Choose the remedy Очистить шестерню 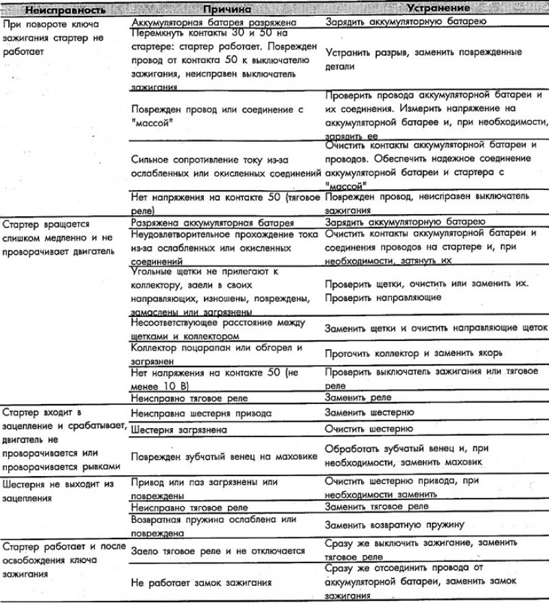[x=369, y=429]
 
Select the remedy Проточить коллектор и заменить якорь [x=414, y=353]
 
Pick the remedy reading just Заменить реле [x=358, y=397]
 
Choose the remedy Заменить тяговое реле [x=377, y=506]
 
